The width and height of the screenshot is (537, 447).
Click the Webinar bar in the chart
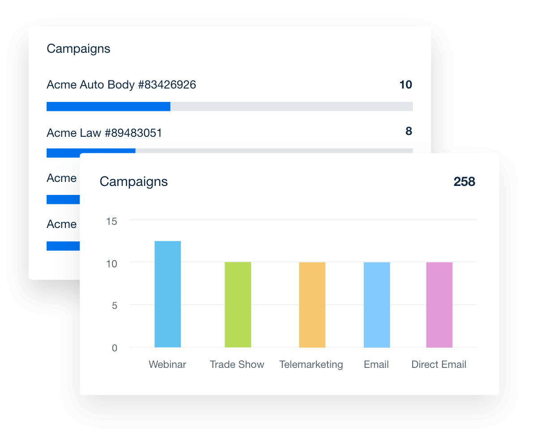(168, 294)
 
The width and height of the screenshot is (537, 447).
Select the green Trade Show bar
(238, 304)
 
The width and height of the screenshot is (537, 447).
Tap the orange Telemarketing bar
(312, 304)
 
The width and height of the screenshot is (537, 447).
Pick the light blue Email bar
(376, 304)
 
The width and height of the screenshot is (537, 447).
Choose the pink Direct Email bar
(439, 304)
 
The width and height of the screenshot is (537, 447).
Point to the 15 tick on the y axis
(111, 221)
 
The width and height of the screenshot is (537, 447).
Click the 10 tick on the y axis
(111, 264)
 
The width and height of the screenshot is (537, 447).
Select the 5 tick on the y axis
(114, 306)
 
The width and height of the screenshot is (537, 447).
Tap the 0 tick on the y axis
(114, 348)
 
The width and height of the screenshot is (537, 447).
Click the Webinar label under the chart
(167, 365)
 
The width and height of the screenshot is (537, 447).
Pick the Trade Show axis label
(237, 365)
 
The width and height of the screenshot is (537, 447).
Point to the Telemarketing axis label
(311, 365)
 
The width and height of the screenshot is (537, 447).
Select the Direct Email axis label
(439, 365)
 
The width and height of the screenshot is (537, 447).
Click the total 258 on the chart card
(464, 181)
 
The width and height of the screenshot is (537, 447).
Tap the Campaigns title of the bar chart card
(133, 181)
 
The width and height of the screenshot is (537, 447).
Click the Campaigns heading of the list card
(78, 49)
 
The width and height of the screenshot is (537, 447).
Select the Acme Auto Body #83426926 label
(121, 84)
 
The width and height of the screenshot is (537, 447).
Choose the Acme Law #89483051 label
(104, 133)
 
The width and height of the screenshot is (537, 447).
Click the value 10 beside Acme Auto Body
(405, 84)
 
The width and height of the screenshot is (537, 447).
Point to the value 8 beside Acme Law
(409, 131)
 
